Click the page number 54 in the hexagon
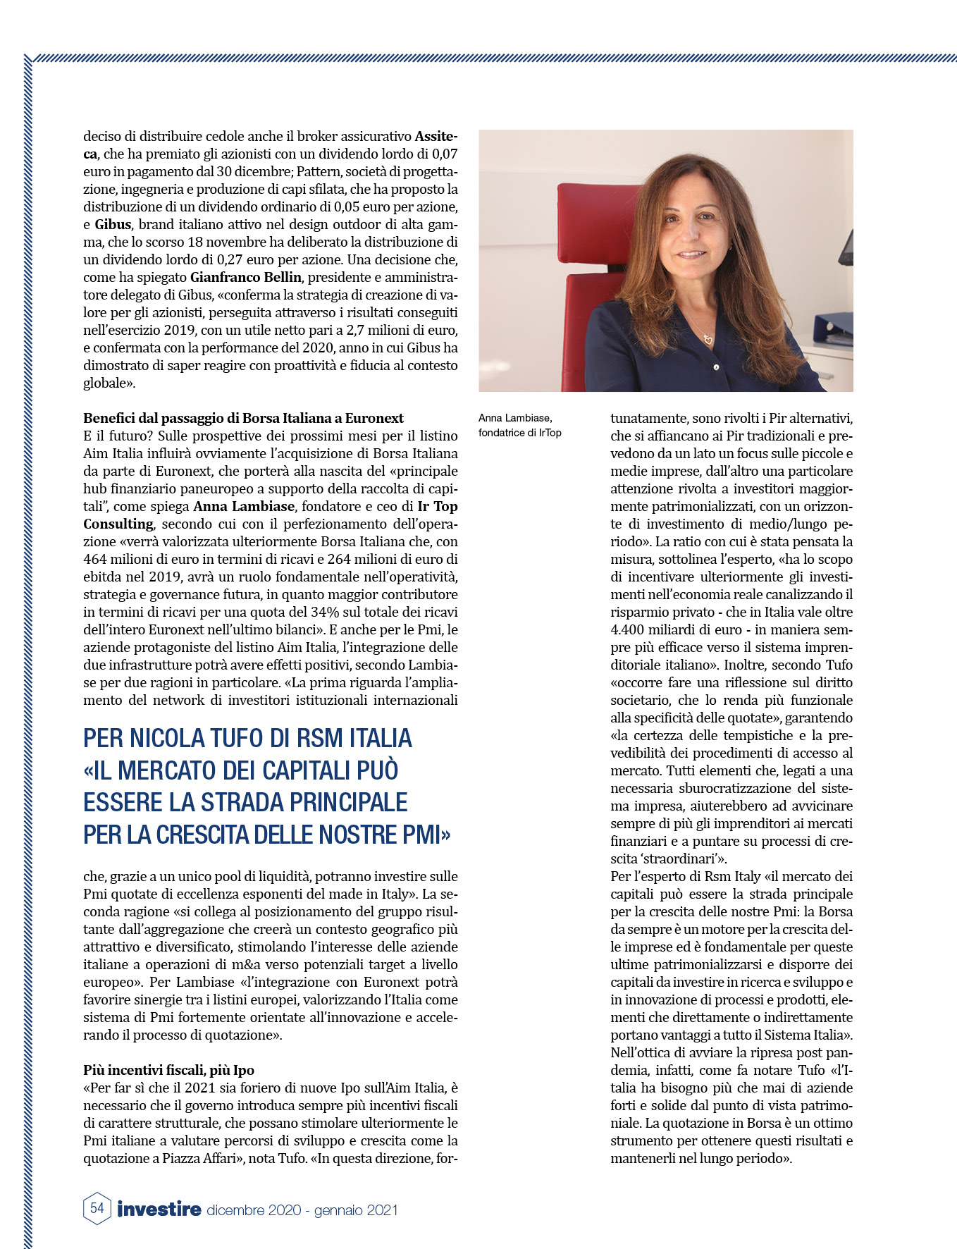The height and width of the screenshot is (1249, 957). (97, 1207)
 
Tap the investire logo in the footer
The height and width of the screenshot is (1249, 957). (159, 1209)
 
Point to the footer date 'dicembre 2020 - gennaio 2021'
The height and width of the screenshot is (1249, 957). (302, 1210)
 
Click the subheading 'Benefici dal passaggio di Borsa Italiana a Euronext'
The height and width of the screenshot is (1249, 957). (243, 418)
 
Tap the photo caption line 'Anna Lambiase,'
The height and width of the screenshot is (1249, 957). (515, 419)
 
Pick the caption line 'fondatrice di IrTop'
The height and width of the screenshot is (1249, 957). (520, 433)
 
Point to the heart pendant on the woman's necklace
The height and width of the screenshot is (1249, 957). (708, 340)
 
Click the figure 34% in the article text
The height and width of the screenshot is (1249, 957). (300, 612)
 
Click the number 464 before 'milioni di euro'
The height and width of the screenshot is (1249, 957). (96, 559)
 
